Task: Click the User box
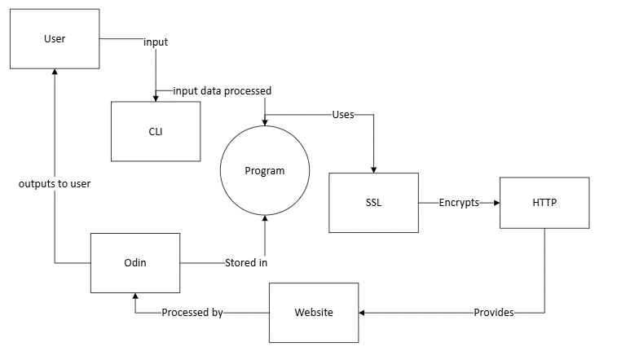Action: [55, 39]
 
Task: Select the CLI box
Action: [156, 131]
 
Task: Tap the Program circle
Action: [265, 171]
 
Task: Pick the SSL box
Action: [373, 202]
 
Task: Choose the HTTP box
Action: [544, 202]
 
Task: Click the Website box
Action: [314, 313]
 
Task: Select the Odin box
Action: [134, 263]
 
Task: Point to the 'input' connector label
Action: [156, 42]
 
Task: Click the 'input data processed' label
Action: [222, 90]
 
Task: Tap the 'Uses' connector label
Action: [343, 115]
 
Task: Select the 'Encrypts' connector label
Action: [459, 202]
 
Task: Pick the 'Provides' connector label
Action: [494, 313]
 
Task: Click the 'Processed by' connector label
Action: [192, 313]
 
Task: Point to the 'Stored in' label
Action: [246, 263]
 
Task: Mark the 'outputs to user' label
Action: [55, 184]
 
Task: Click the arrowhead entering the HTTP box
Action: [495, 202]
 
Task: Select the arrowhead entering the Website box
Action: [364, 313]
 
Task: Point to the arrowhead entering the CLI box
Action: [156, 97]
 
